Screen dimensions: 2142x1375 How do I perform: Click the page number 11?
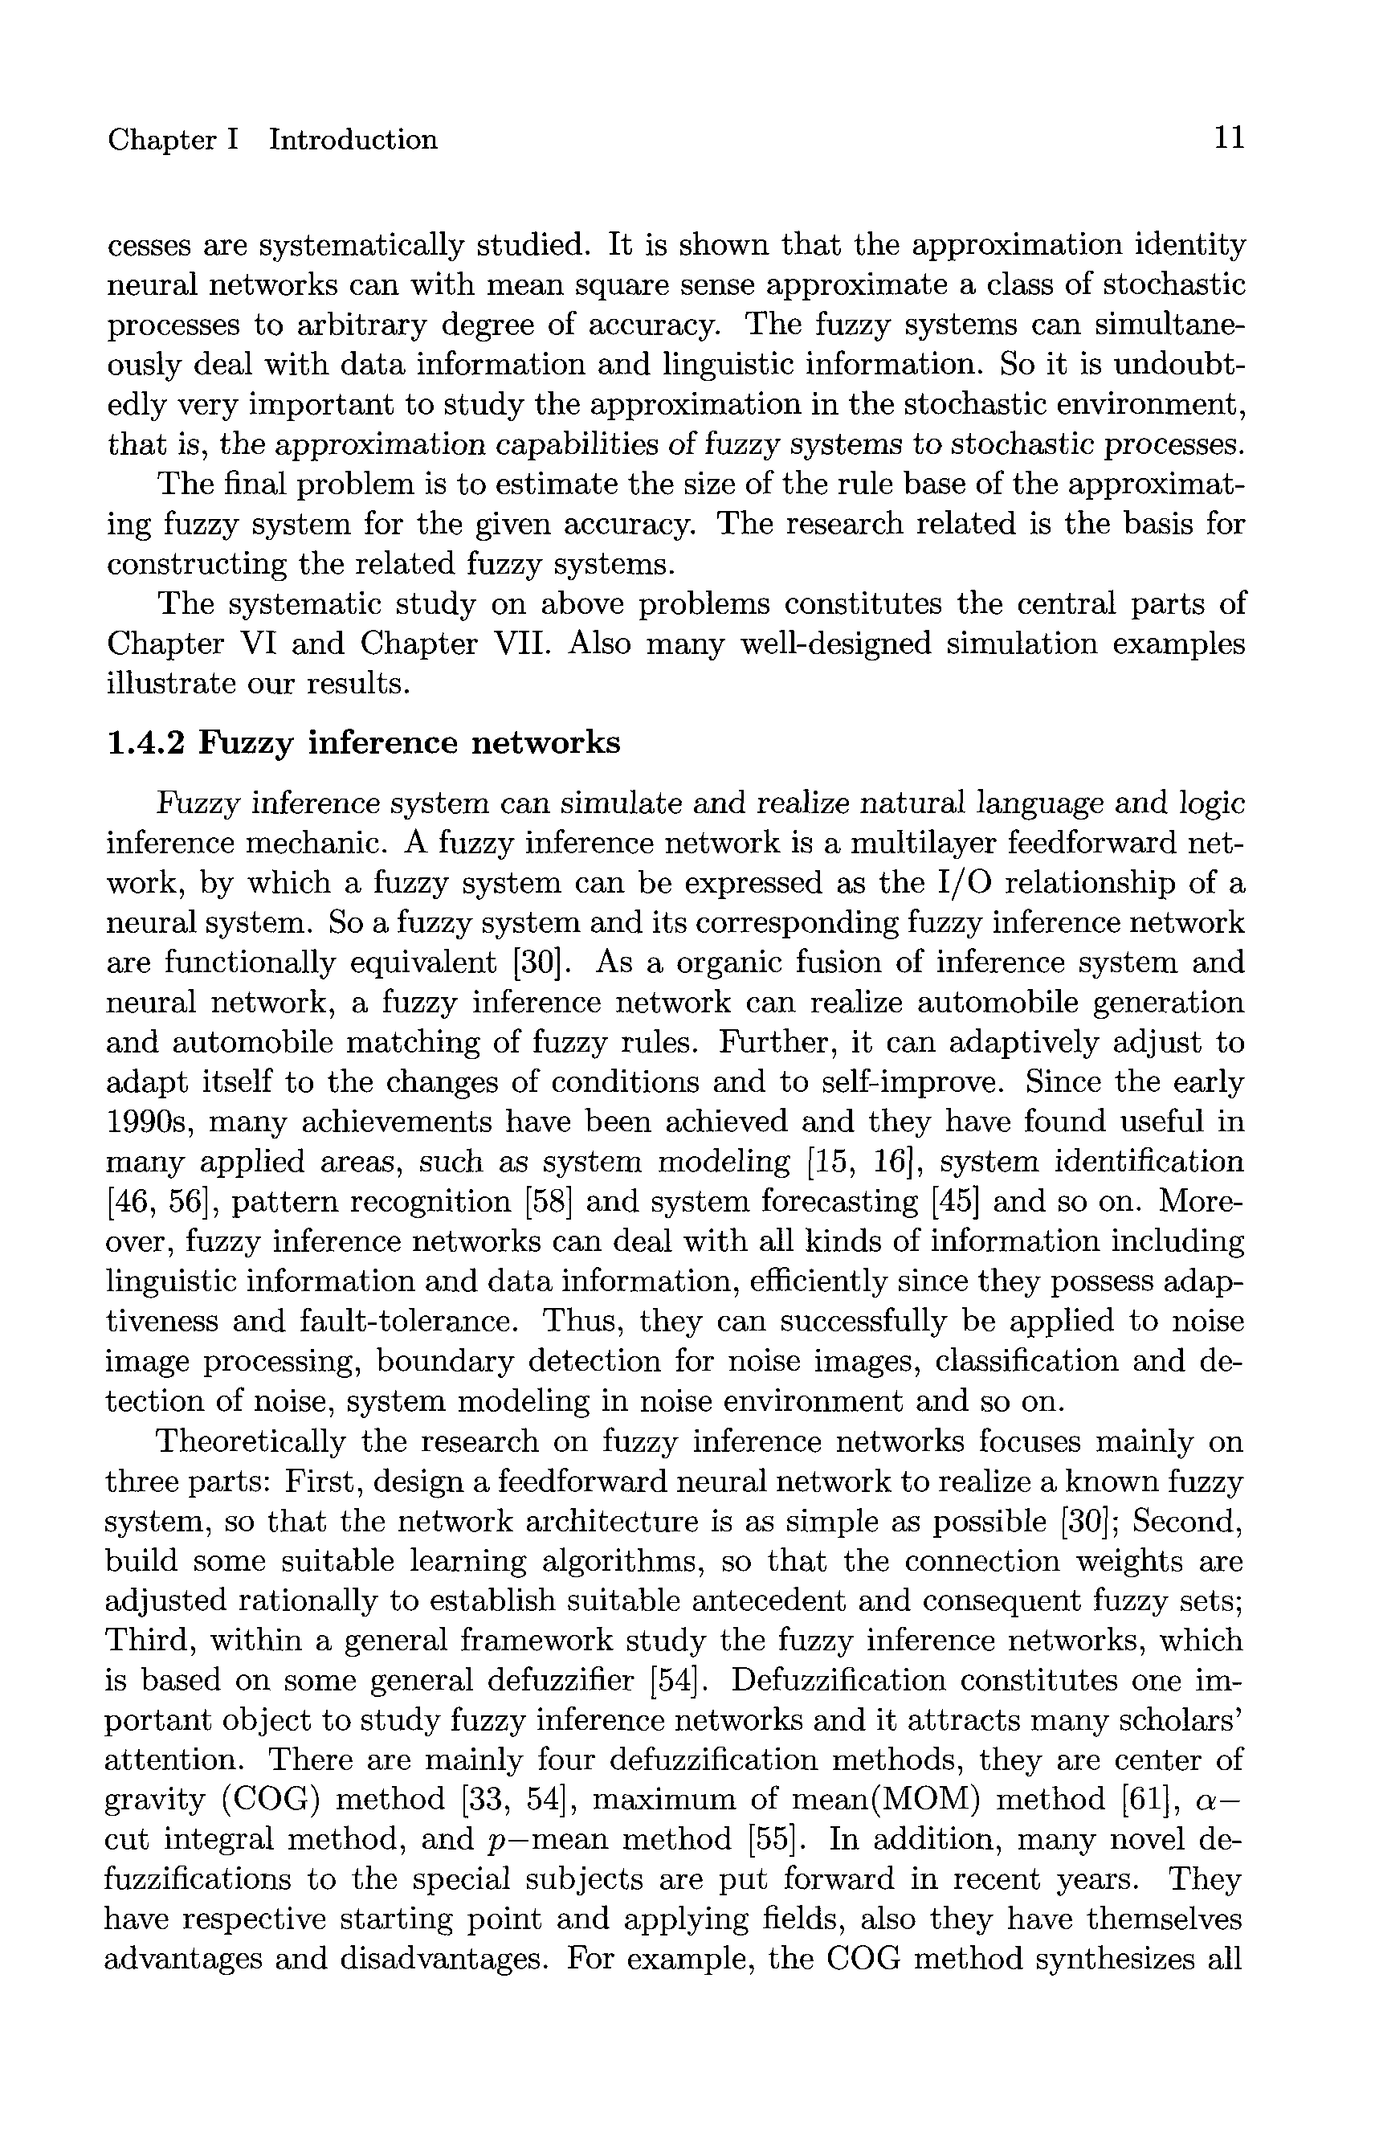[1228, 138]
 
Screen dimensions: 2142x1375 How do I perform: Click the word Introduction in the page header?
[353, 141]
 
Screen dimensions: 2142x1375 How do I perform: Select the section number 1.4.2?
[145, 742]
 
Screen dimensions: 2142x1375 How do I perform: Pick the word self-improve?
[911, 1082]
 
